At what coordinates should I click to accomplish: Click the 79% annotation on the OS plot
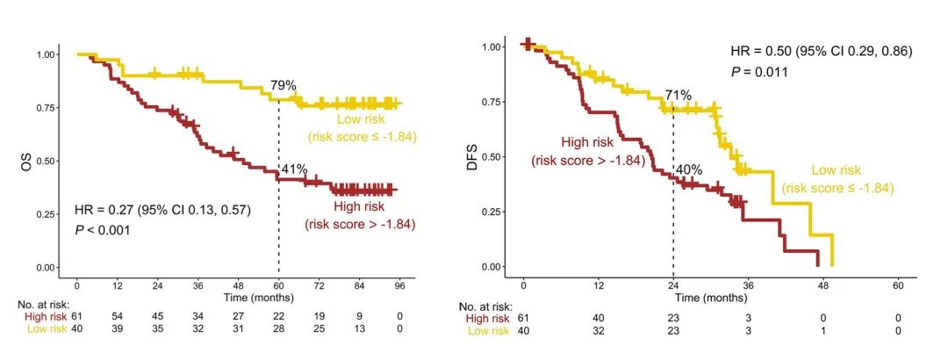[x=283, y=86]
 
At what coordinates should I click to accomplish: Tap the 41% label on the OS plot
[x=295, y=169]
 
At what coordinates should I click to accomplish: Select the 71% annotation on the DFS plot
[x=679, y=95]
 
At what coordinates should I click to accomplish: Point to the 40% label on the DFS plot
[x=689, y=169]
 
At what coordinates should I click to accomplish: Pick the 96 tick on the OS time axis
[x=399, y=286]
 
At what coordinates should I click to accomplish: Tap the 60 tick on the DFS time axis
[x=898, y=286]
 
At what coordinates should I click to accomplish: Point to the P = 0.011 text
[x=762, y=72]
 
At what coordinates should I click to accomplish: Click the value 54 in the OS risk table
[x=117, y=314]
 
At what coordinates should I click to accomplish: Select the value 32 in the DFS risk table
[x=598, y=331]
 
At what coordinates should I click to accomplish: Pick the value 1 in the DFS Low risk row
[x=822, y=331]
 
